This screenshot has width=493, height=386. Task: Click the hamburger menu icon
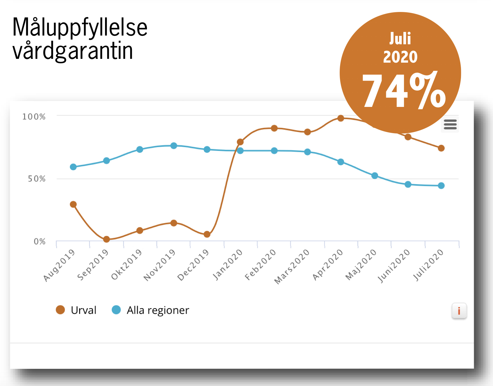coord(450,124)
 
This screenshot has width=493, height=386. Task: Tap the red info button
coord(459,311)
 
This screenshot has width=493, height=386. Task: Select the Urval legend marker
coord(60,310)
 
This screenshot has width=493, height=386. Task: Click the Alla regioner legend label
coord(158,310)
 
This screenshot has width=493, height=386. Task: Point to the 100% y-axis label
coord(34,117)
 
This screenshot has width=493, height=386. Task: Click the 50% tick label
coord(37,179)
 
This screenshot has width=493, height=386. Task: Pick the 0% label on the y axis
coord(40,241)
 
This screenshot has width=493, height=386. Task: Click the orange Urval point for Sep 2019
coord(107,239)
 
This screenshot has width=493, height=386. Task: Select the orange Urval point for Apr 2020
coord(341,118)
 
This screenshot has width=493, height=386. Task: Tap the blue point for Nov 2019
coord(174,146)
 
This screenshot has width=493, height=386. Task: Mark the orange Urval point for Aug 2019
coord(73,204)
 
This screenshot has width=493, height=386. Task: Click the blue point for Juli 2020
coord(441,186)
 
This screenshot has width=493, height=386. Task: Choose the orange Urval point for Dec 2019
coord(207,234)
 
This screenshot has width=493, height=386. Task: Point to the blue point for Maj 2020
coord(375,175)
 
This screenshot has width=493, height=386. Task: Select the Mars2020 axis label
coord(292,267)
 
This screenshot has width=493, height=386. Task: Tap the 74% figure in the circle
coord(404,91)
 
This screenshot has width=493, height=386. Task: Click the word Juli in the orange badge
coord(400,39)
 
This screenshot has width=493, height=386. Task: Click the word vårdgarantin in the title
coord(73,51)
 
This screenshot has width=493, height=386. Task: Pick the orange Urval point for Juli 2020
coord(441,148)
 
